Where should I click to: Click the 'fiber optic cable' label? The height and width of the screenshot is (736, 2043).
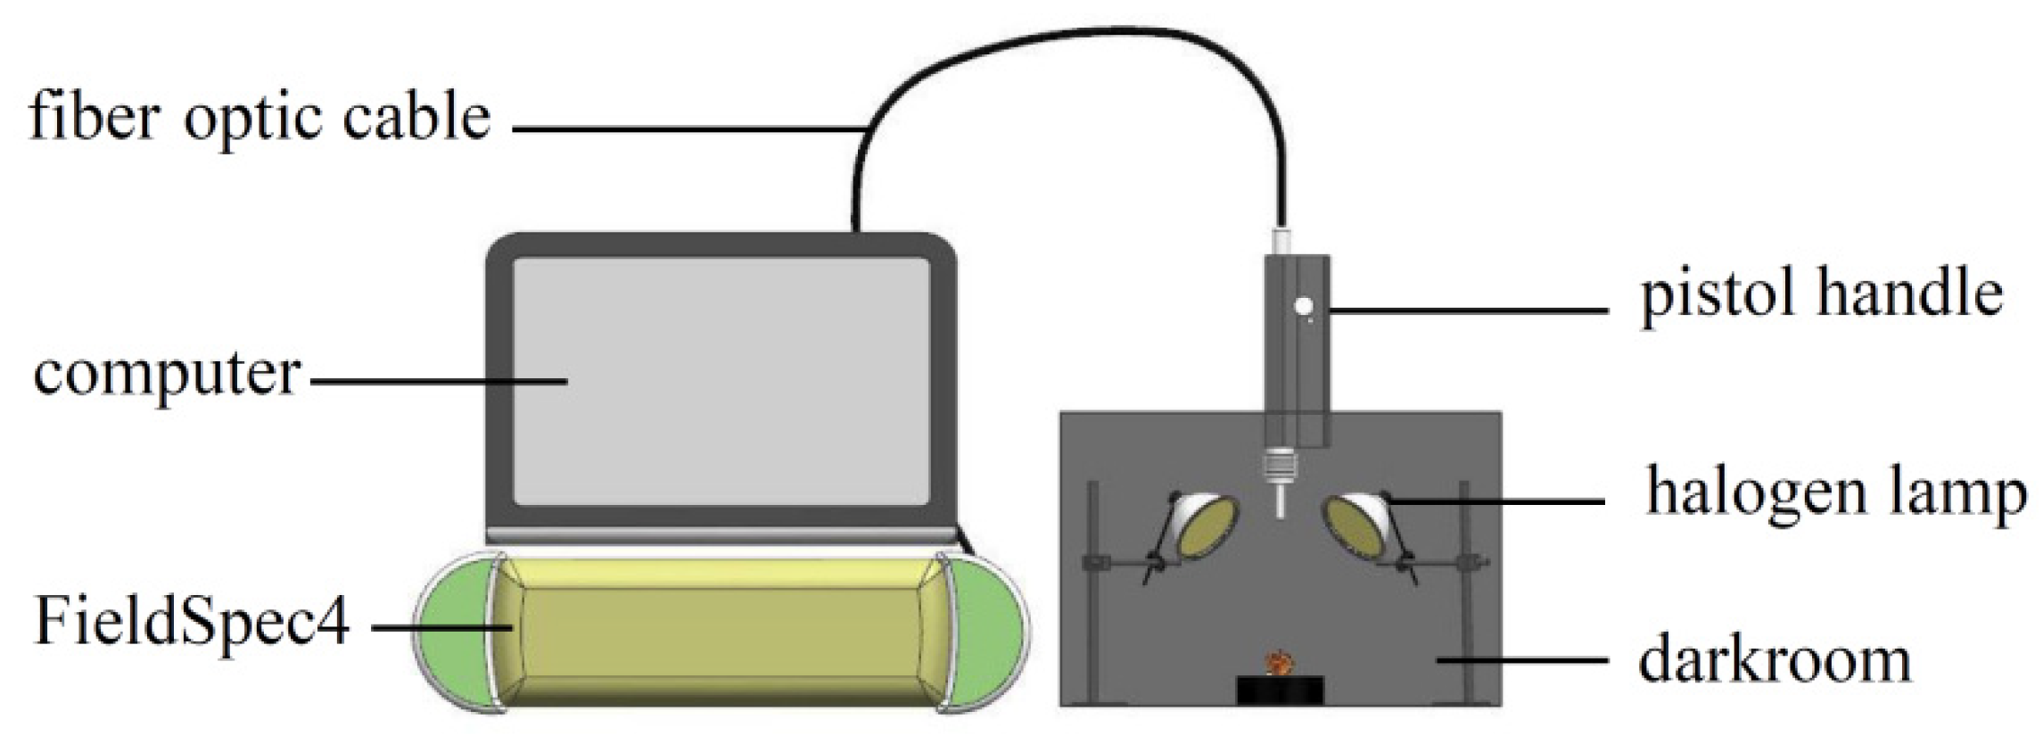coord(259,117)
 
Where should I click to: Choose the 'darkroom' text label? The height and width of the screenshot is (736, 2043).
coord(1775,661)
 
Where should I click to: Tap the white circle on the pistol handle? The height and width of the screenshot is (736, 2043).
coord(1305,307)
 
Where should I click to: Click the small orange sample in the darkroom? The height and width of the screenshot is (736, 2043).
coord(1281,663)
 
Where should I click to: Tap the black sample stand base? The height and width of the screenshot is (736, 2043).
coord(1280,690)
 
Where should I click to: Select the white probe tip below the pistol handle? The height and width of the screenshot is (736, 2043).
coord(1280,500)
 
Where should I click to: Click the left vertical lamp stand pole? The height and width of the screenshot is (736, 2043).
coord(1093,589)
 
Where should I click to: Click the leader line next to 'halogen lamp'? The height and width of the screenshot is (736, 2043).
coord(1498,502)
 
